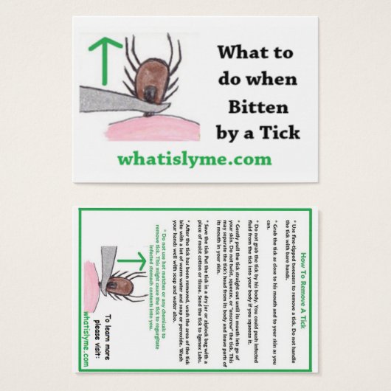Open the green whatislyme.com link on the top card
[194, 159]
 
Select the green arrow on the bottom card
[132, 260]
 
